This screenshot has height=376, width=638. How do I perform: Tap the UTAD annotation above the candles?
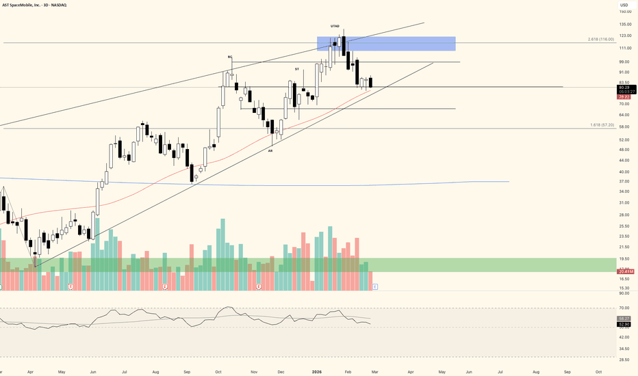[335, 26]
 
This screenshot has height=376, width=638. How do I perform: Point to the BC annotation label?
[231, 57]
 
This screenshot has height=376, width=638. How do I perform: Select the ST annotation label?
[297, 69]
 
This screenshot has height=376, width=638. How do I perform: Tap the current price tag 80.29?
[624, 87]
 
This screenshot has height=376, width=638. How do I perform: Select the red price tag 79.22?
[624, 97]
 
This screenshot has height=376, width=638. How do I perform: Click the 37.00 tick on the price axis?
[624, 182]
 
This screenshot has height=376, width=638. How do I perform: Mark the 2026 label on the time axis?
[317, 371]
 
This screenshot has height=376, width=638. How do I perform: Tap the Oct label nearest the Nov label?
[218, 371]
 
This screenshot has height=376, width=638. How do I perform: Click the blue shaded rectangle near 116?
[386, 44]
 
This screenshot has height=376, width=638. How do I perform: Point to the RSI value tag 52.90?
[624, 324]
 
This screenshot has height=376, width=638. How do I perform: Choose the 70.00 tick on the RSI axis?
[624, 308]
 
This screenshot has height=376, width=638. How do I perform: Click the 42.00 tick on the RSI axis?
[624, 337]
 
